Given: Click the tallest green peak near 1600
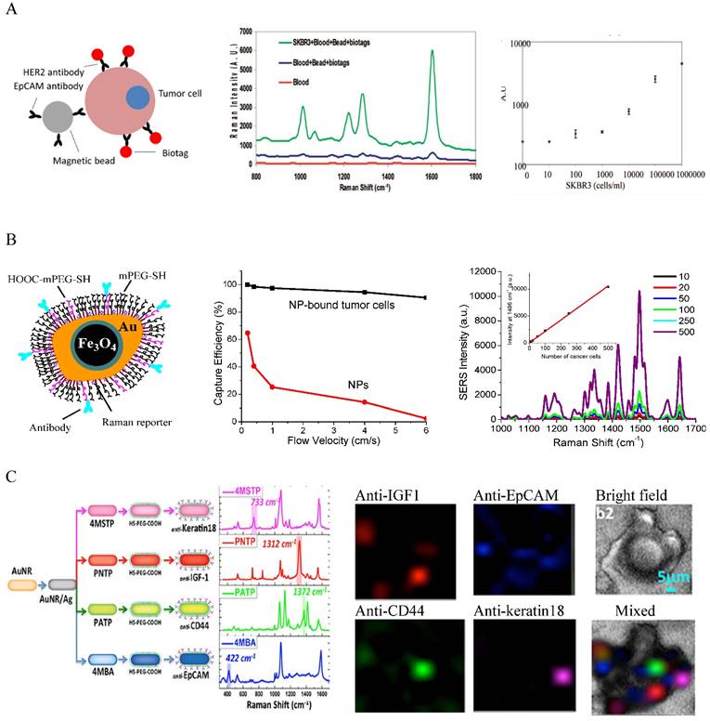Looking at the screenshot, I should coord(432,53).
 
